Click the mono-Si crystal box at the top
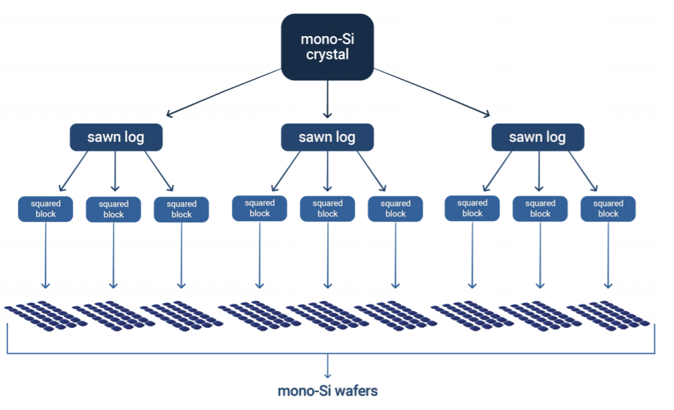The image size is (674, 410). [x=327, y=47]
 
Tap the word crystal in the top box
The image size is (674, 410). [x=327, y=55]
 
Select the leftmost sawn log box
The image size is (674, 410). [x=116, y=137]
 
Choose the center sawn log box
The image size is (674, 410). [x=327, y=137]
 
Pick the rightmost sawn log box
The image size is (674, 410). [x=538, y=137]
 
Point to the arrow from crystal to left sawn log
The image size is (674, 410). [x=224, y=92]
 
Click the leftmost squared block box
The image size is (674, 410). [x=45, y=209]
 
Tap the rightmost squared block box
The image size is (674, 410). [x=608, y=209]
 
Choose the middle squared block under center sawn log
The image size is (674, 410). [x=327, y=209]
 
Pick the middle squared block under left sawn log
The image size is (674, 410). [x=114, y=209]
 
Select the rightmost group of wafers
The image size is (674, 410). [x=608, y=316]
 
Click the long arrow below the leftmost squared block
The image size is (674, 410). [x=45, y=254]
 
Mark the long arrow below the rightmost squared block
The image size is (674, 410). [x=608, y=254]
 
